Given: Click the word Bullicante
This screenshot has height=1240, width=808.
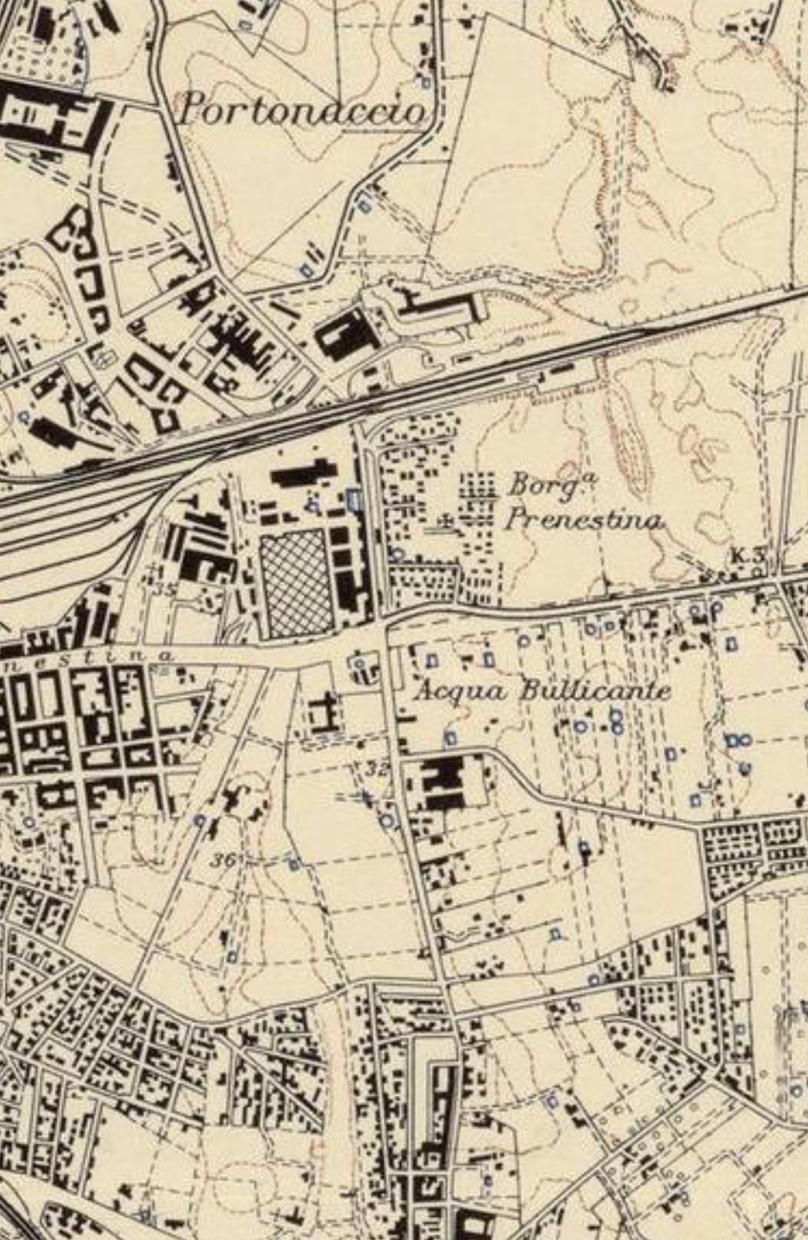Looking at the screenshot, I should (595, 690).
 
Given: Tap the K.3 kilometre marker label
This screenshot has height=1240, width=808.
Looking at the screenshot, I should (748, 555).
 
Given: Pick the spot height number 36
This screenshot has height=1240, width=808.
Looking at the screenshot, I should (223, 859).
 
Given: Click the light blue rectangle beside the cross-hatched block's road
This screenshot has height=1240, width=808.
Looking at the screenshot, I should (354, 498).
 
